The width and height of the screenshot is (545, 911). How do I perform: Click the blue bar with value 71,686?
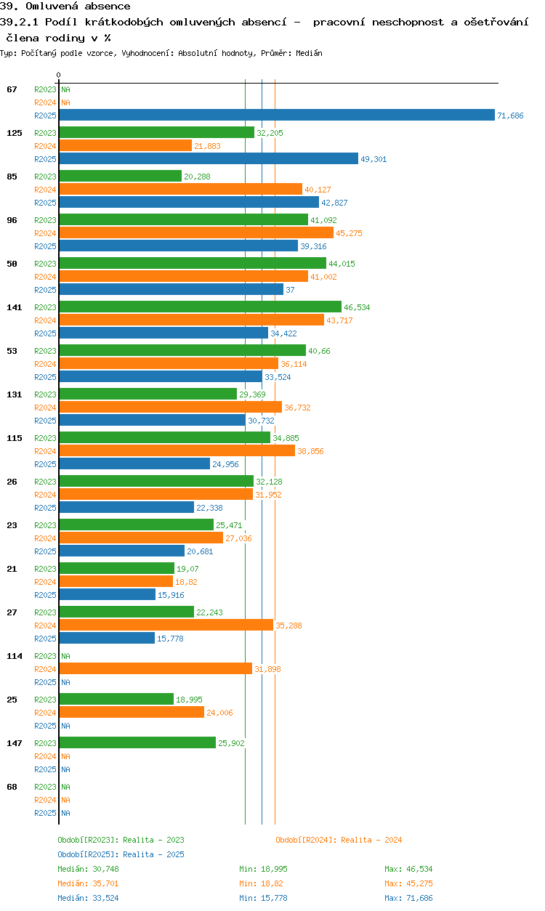(x=276, y=115)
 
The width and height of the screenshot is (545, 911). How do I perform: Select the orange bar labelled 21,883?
(x=125, y=145)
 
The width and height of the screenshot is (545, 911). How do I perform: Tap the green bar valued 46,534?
(x=200, y=307)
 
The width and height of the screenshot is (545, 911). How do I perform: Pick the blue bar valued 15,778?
(x=107, y=638)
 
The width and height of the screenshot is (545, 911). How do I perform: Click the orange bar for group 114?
(x=156, y=668)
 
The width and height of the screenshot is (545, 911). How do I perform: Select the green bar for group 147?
(x=137, y=742)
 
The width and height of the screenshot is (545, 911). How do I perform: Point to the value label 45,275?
(x=349, y=233)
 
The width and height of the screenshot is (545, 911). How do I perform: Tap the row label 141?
(x=15, y=307)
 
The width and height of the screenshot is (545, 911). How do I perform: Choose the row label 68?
(x=12, y=787)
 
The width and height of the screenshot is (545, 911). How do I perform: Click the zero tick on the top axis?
(x=59, y=75)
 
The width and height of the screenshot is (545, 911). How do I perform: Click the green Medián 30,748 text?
(x=88, y=869)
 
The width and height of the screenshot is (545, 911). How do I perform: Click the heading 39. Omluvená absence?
(x=65, y=7)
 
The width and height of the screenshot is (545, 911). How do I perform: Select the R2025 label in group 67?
(x=45, y=116)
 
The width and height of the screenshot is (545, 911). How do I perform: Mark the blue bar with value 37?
(x=171, y=289)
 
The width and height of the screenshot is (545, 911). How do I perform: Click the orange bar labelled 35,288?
(x=166, y=625)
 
